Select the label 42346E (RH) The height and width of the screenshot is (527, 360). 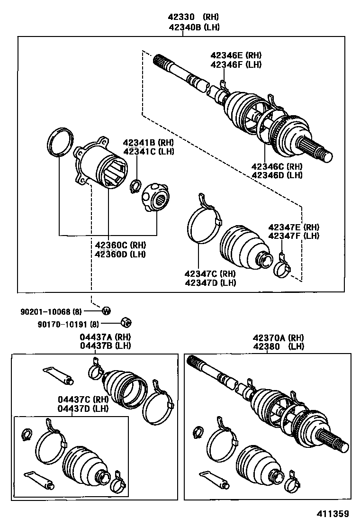tap(236, 55)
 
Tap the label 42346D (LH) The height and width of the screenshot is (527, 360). tap(277, 175)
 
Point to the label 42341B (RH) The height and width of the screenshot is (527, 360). tap(149, 143)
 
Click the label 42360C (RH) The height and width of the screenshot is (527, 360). tap(120, 245)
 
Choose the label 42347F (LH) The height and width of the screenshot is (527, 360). tap(293, 236)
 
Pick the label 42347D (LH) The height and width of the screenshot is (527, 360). tap(210, 283)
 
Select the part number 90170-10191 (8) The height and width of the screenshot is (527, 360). tap(68, 325)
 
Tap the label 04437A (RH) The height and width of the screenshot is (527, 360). tap(105, 337)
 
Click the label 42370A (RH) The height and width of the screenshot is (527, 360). tap(278, 337)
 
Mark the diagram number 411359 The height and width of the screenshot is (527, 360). tap(333, 514)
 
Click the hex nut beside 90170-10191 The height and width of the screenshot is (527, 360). tap(126, 322)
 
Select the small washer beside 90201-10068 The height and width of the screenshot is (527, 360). tap(106, 311)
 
